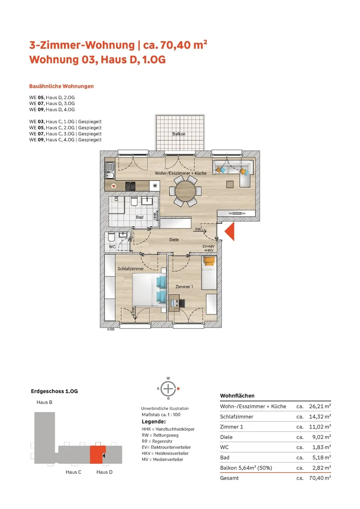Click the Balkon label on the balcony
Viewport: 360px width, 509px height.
coord(179,134)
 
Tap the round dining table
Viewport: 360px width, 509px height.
coord(185,191)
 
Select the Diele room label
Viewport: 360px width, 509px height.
coord(174,239)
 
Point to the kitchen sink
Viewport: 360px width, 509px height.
coord(109,171)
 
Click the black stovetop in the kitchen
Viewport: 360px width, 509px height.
coord(130,186)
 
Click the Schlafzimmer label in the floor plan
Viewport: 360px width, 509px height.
coord(130,268)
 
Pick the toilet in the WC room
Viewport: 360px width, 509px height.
coord(111,237)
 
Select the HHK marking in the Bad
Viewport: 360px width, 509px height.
coord(155,216)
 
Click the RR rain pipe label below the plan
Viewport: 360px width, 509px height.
coord(111,329)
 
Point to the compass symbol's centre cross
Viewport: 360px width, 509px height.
coord(168,389)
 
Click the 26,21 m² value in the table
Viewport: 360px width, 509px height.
coord(320,406)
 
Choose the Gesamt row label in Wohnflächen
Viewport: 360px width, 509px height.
coord(229,478)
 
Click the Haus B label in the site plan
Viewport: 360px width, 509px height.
coord(44,402)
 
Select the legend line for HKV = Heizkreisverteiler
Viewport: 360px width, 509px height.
coord(165,453)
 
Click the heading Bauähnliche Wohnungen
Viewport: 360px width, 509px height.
coord(61,86)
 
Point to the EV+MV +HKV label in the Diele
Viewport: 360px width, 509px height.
coord(208,249)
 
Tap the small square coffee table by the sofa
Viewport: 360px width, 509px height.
coord(230,184)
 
